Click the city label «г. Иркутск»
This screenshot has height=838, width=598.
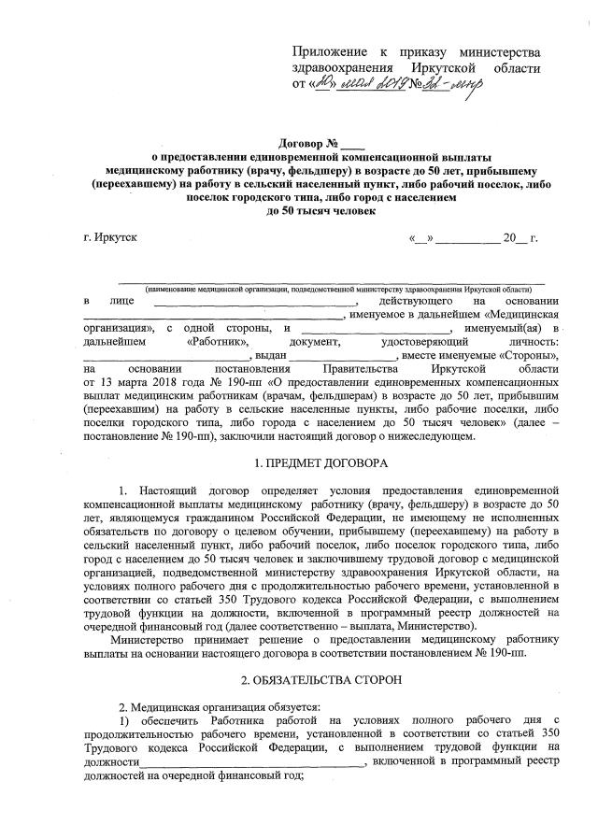coord(110,237)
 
